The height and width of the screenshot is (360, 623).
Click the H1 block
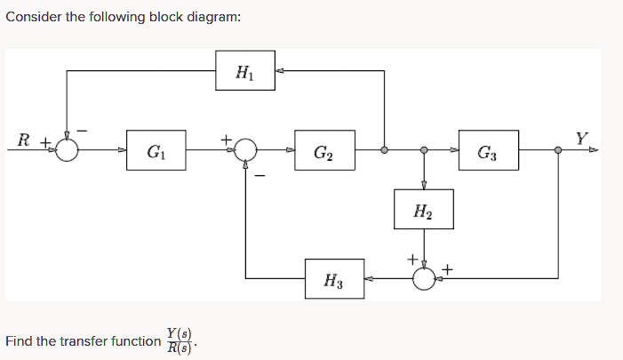pyautogui.click(x=244, y=69)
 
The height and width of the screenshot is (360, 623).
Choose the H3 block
pyautogui.click(x=333, y=280)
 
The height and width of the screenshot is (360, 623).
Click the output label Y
pyautogui.click(x=581, y=138)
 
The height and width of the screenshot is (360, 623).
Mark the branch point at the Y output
pyautogui.click(x=558, y=150)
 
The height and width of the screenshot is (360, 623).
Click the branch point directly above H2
pyautogui.click(x=424, y=150)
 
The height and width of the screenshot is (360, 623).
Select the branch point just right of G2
pyautogui.click(x=383, y=150)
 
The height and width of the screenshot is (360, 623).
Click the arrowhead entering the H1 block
pyautogui.click(x=280, y=69)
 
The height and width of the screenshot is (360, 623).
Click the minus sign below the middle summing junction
pyautogui.click(x=260, y=174)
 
